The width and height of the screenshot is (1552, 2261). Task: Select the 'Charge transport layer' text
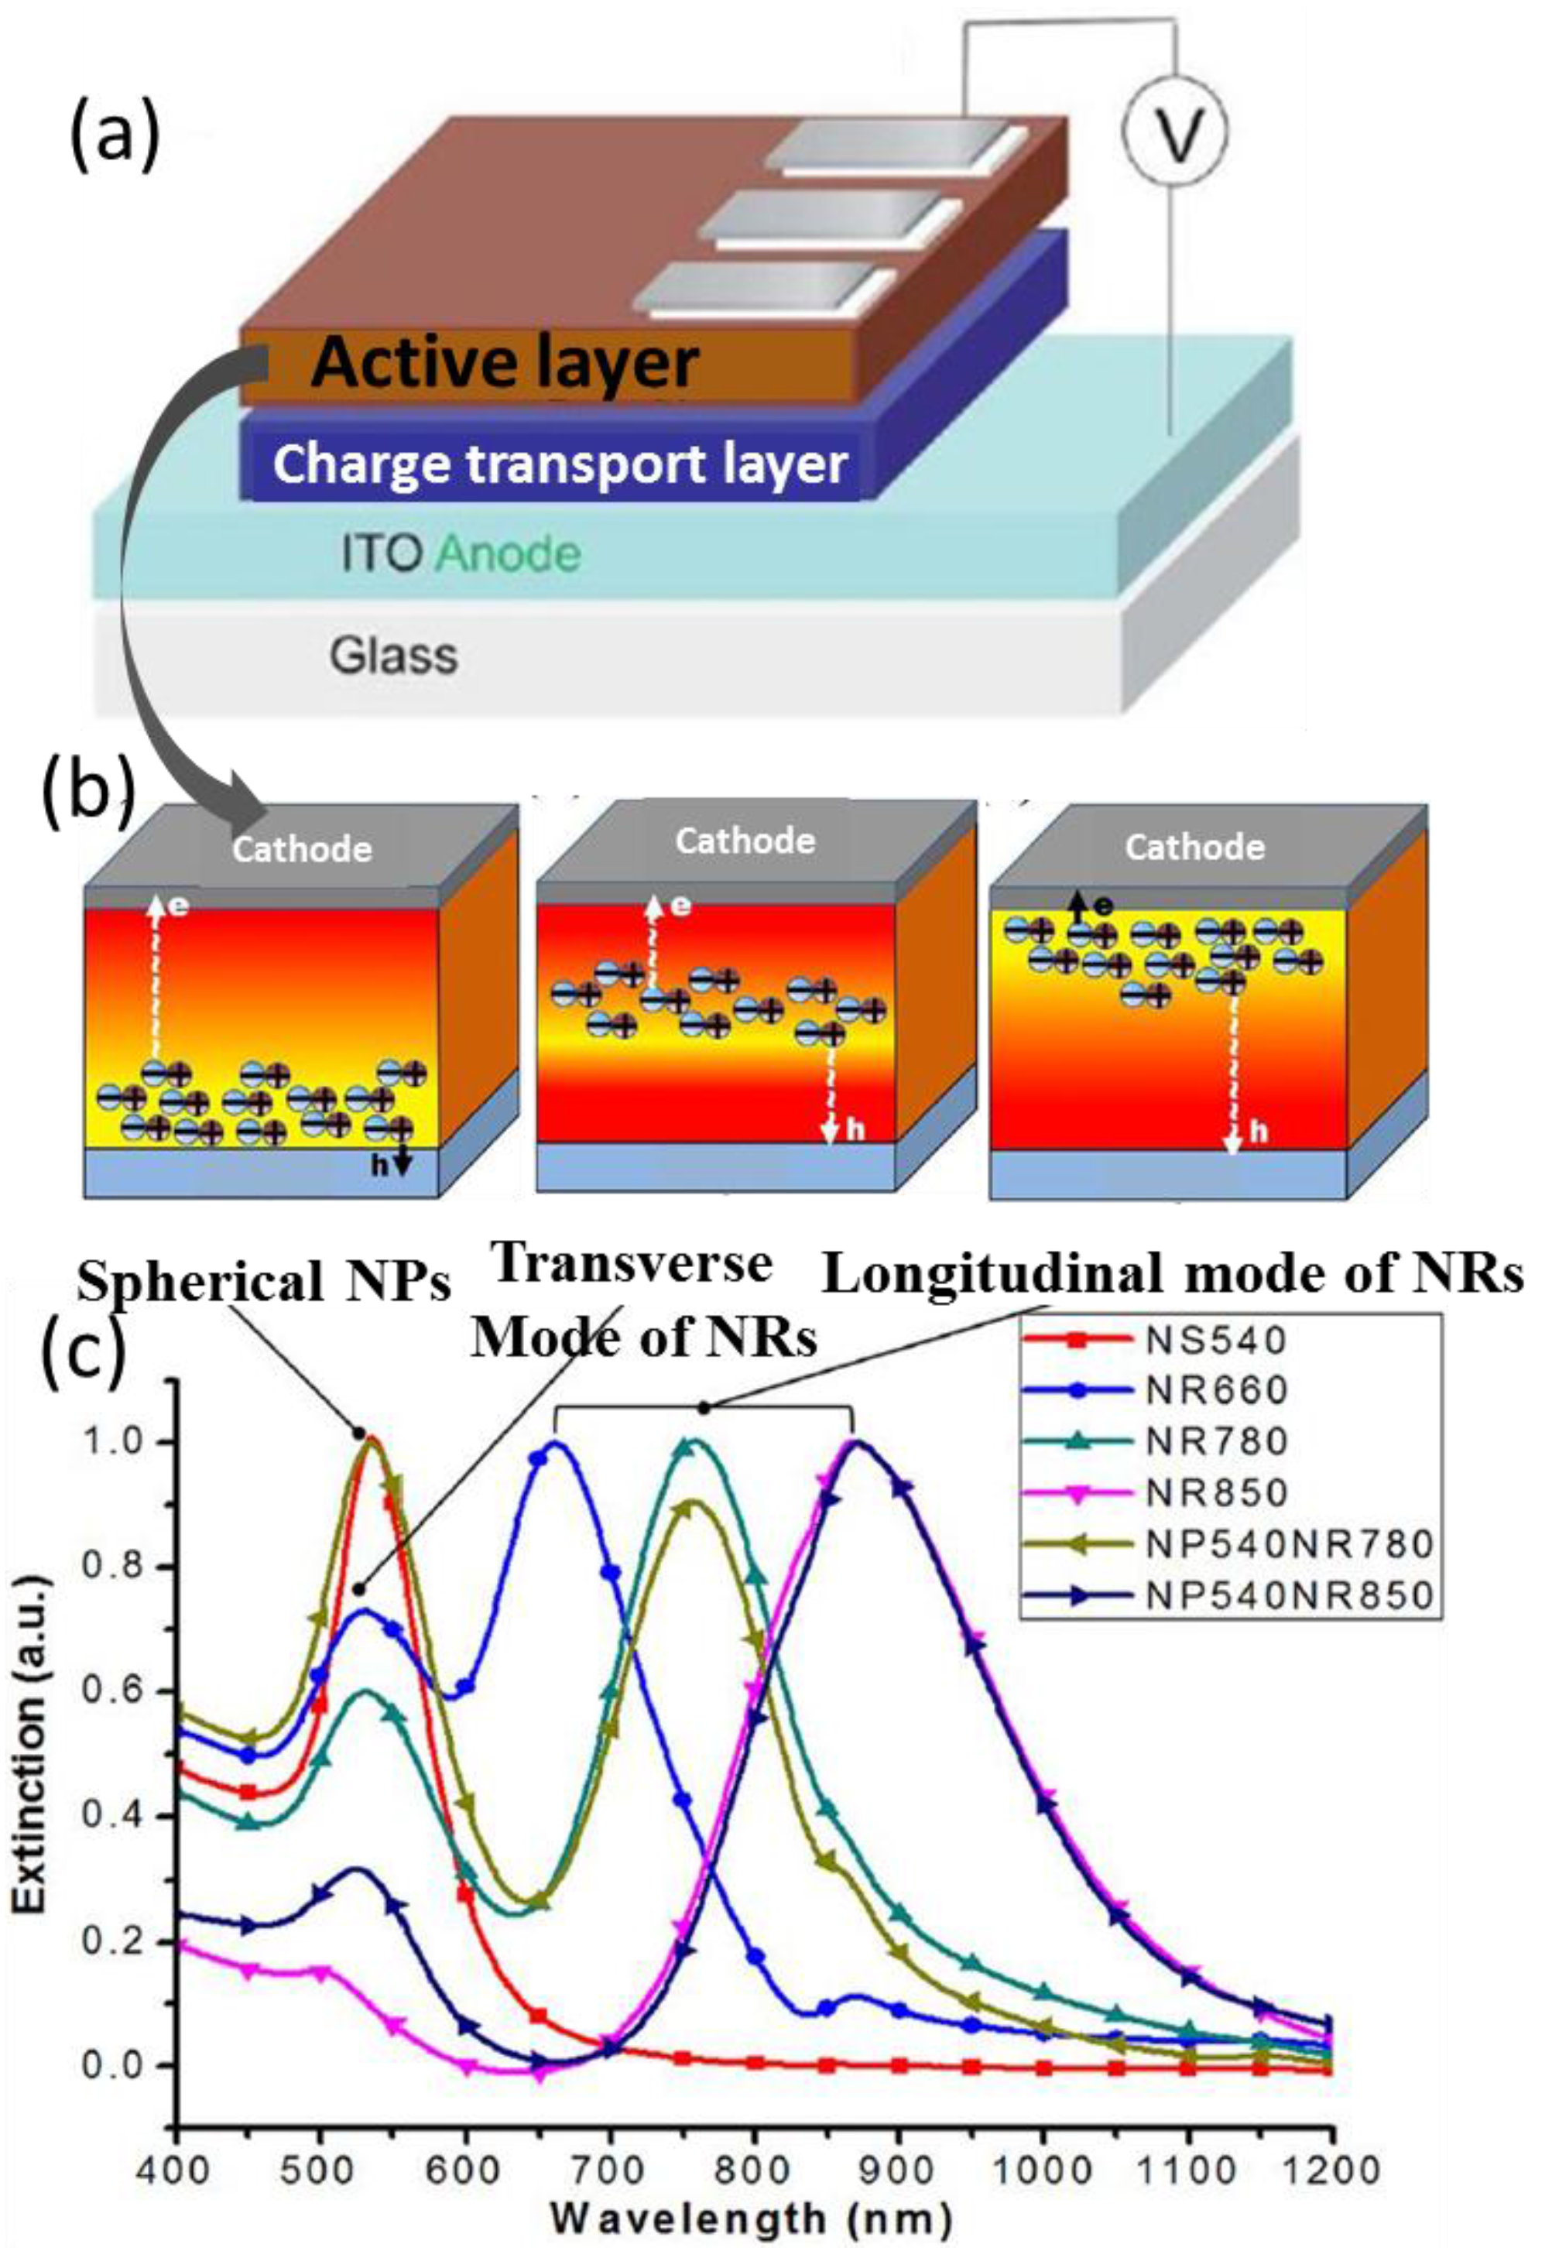(x=560, y=465)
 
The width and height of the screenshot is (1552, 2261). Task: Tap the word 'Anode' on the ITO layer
(x=508, y=554)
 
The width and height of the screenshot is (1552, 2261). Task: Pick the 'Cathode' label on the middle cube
(x=745, y=841)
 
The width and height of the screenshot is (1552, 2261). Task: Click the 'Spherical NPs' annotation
(x=265, y=1284)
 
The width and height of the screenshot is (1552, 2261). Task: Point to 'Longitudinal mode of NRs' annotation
(x=1173, y=1275)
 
